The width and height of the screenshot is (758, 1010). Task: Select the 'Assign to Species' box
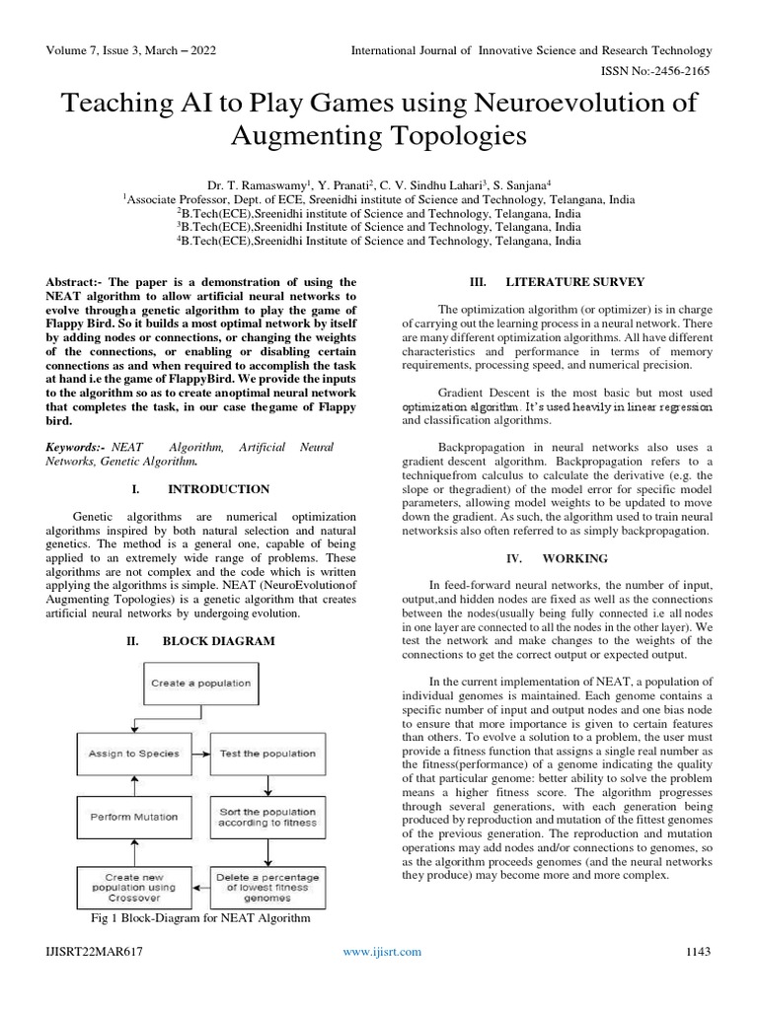point(134,754)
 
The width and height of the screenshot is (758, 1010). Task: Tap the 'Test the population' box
point(267,754)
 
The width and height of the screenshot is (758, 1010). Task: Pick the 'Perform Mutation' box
point(134,817)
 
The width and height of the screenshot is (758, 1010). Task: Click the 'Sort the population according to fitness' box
point(267,817)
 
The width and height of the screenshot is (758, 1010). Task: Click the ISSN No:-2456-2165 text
point(656,72)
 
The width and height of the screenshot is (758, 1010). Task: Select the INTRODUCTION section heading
point(218,489)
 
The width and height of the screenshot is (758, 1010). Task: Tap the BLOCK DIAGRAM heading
point(218,640)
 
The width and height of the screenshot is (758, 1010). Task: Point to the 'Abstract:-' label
point(78,282)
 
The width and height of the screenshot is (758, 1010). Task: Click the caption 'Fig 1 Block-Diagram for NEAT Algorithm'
point(200,918)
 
